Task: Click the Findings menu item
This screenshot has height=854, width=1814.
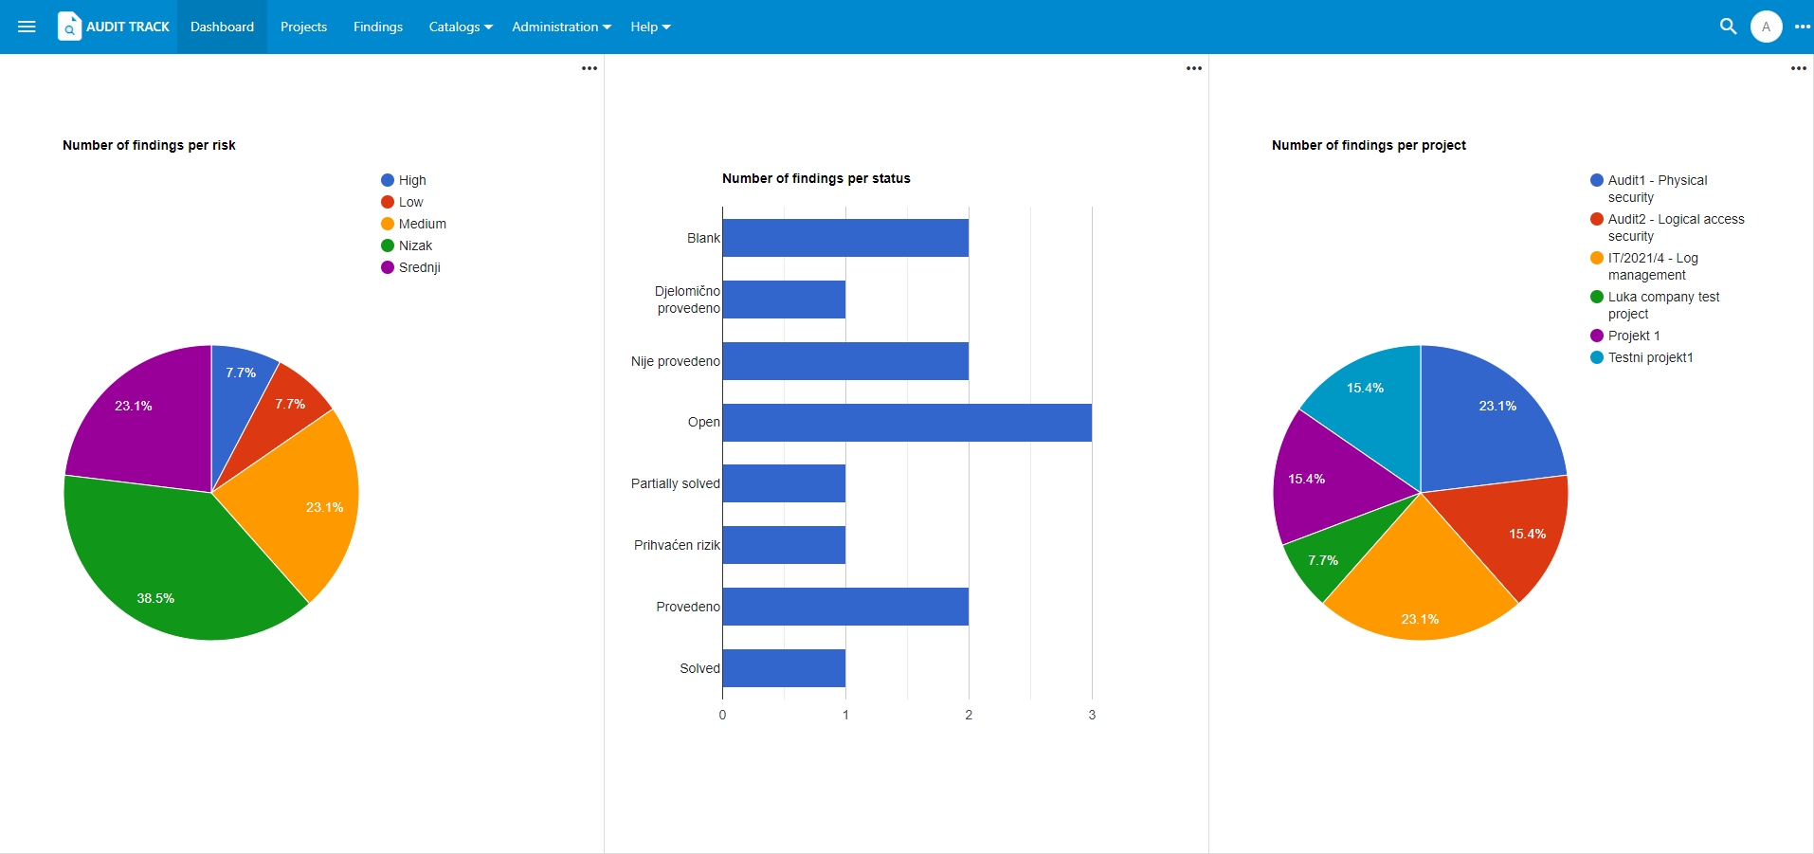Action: [x=377, y=27]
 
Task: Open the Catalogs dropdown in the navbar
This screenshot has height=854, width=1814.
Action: [x=461, y=27]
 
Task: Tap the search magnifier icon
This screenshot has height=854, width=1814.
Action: [x=1728, y=27]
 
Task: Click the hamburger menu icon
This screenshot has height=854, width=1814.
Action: [x=27, y=27]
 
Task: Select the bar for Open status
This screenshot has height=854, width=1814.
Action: [x=907, y=423]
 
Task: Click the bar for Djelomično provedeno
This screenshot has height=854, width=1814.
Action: [x=784, y=300]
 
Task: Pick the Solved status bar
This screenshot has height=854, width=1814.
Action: [x=784, y=668]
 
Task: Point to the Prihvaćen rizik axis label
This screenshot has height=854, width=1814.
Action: [x=677, y=545]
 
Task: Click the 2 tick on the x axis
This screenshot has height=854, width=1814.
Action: [x=969, y=715]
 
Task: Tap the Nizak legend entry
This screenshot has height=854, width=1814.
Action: [x=407, y=245]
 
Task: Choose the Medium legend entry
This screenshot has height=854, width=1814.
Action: [x=413, y=224]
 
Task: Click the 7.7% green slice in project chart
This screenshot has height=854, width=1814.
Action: [x=1327, y=554]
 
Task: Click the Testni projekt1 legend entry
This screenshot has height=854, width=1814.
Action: [x=1642, y=357]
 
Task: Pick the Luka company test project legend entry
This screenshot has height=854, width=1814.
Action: [x=1655, y=305]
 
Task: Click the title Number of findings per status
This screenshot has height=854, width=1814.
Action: [x=816, y=178]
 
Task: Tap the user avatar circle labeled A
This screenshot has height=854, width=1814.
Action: [x=1766, y=27]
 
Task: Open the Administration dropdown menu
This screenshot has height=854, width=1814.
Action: [x=561, y=27]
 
